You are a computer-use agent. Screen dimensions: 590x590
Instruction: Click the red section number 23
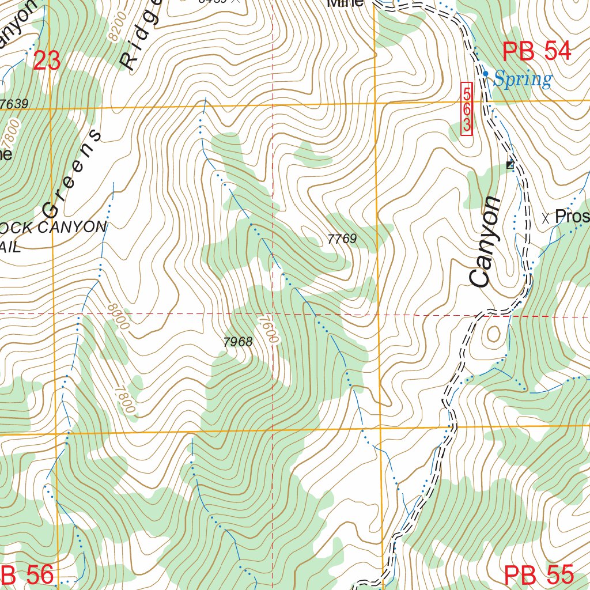point(47,60)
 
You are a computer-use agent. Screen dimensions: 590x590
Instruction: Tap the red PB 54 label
point(536,52)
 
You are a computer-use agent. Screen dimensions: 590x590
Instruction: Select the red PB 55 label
point(539,575)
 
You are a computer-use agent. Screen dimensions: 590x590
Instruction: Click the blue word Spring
point(523,79)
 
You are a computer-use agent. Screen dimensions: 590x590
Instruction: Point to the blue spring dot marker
point(486,74)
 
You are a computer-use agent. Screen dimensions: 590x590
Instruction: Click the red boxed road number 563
point(467,109)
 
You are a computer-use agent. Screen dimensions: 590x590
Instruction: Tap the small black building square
point(509,165)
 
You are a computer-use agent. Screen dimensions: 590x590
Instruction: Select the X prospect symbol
point(546,218)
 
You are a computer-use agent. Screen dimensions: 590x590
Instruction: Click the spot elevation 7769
point(342,239)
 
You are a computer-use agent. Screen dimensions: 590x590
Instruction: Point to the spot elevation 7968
point(237,342)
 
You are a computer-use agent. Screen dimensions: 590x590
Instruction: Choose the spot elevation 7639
point(14,104)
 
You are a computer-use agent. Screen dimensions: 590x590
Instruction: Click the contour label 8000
point(118,317)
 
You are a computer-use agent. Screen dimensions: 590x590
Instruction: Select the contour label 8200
point(116,27)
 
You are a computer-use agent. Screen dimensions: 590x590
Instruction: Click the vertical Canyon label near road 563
point(485,241)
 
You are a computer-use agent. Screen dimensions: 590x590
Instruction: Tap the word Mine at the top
point(345,3)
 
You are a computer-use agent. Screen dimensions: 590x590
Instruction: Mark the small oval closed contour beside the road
point(494,334)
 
